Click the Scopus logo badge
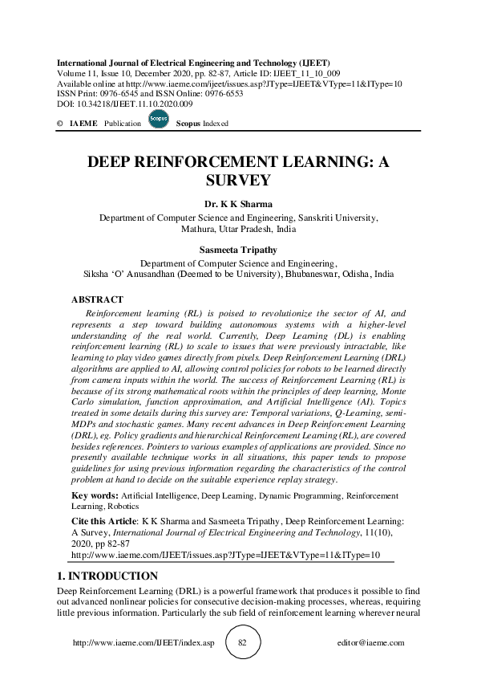coord(158,121)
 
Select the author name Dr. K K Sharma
coord(238,205)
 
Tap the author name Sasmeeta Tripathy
coord(238,250)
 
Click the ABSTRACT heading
coord(97,299)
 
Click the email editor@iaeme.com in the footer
coord(372,643)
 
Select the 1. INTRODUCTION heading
coord(107,576)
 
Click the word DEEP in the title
coord(115,160)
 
